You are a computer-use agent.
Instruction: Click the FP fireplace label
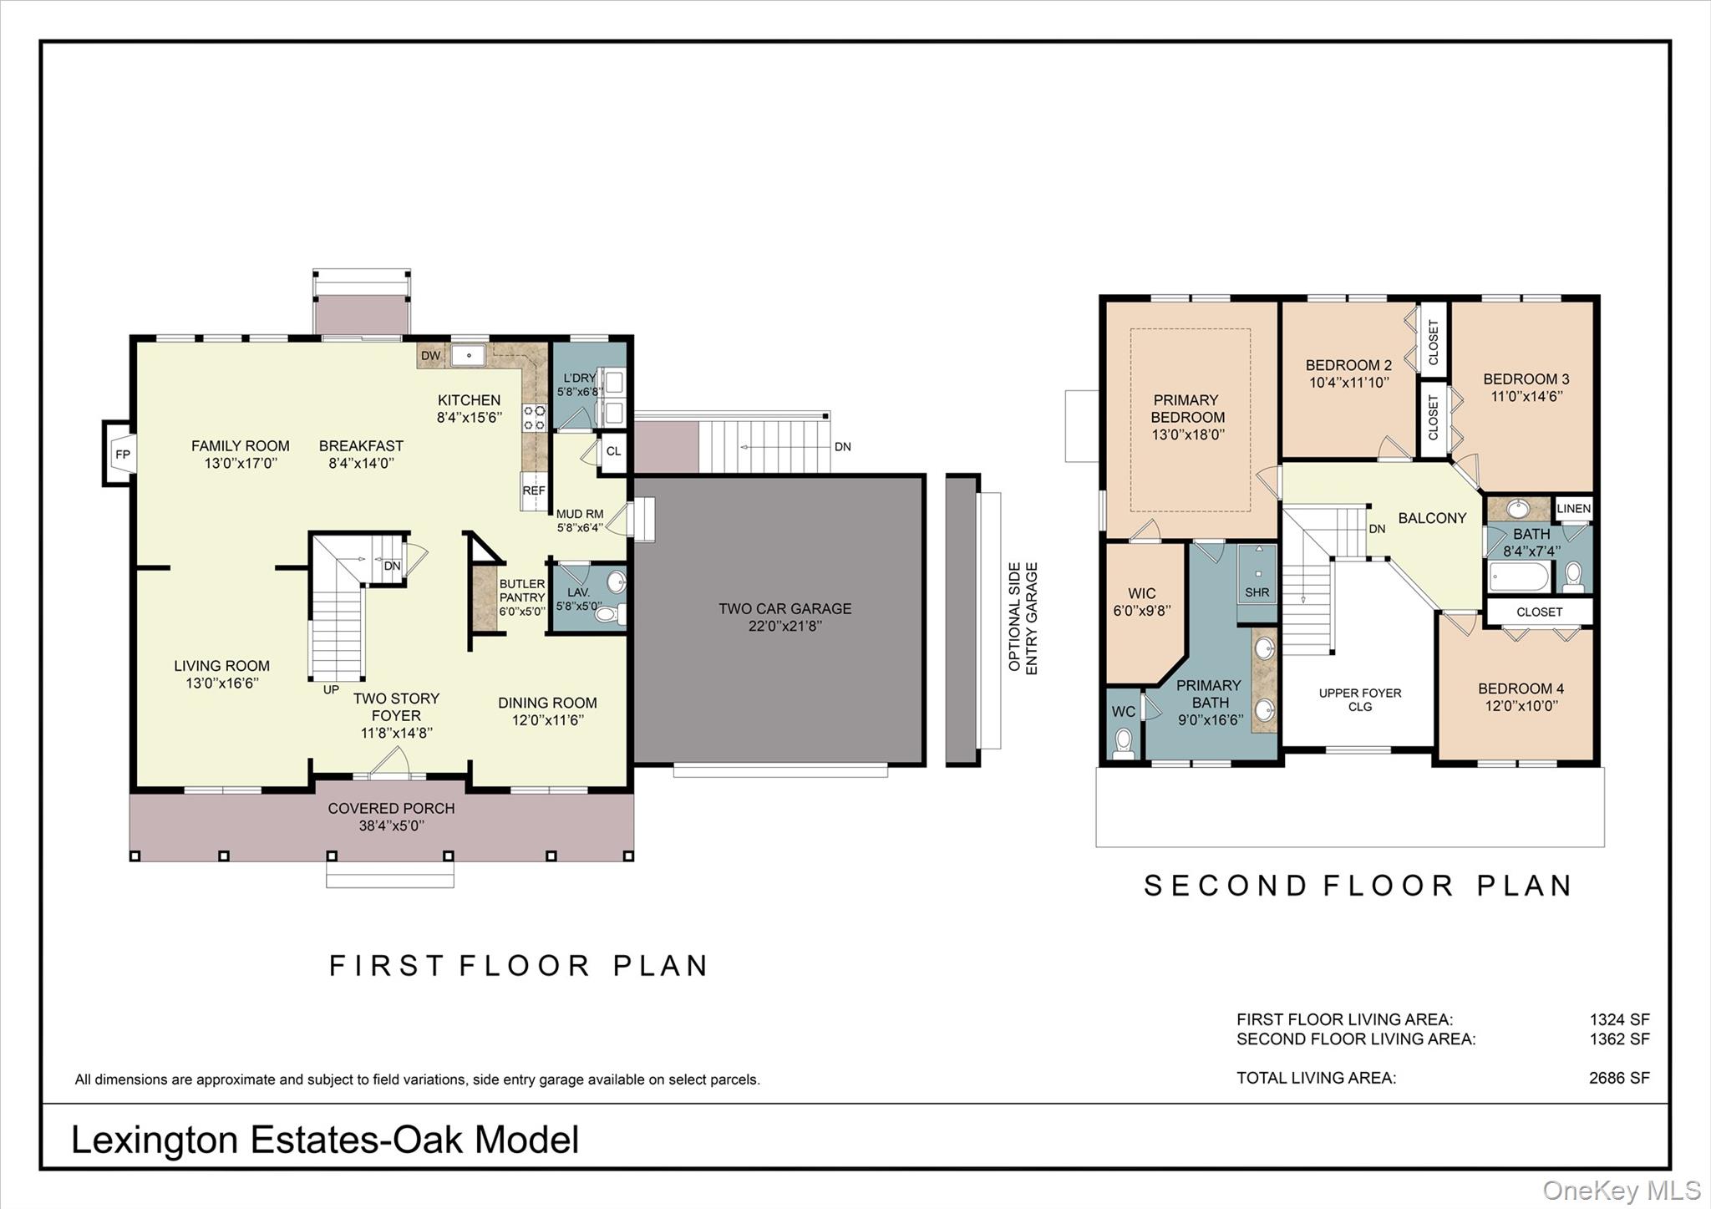123,455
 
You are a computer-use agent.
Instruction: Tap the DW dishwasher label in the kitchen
430,356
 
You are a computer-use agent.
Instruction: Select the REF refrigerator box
533,490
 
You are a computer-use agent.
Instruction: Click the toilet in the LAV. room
607,615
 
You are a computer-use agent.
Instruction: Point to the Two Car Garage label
784,609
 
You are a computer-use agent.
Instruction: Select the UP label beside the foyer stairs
331,690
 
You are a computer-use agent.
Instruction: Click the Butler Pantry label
522,591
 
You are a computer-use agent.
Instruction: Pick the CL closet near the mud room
613,452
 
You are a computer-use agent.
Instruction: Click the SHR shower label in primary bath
1257,592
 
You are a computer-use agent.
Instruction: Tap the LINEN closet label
1573,509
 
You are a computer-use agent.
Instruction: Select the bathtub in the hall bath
1519,577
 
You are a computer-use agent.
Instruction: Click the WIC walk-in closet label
1141,594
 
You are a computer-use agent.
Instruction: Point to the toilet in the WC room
1124,743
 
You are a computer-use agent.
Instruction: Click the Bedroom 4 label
1521,688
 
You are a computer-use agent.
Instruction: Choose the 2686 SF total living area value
1618,1078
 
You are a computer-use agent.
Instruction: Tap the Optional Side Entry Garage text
1023,617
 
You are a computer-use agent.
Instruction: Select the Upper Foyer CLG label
1359,699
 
